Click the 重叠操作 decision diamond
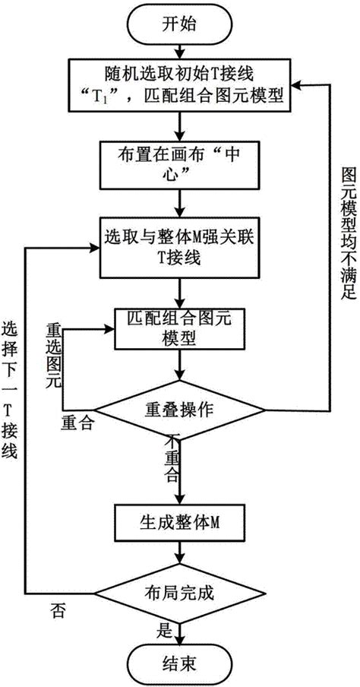pyautogui.click(x=178, y=410)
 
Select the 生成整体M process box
pyautogui.click(x=178, y=524)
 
